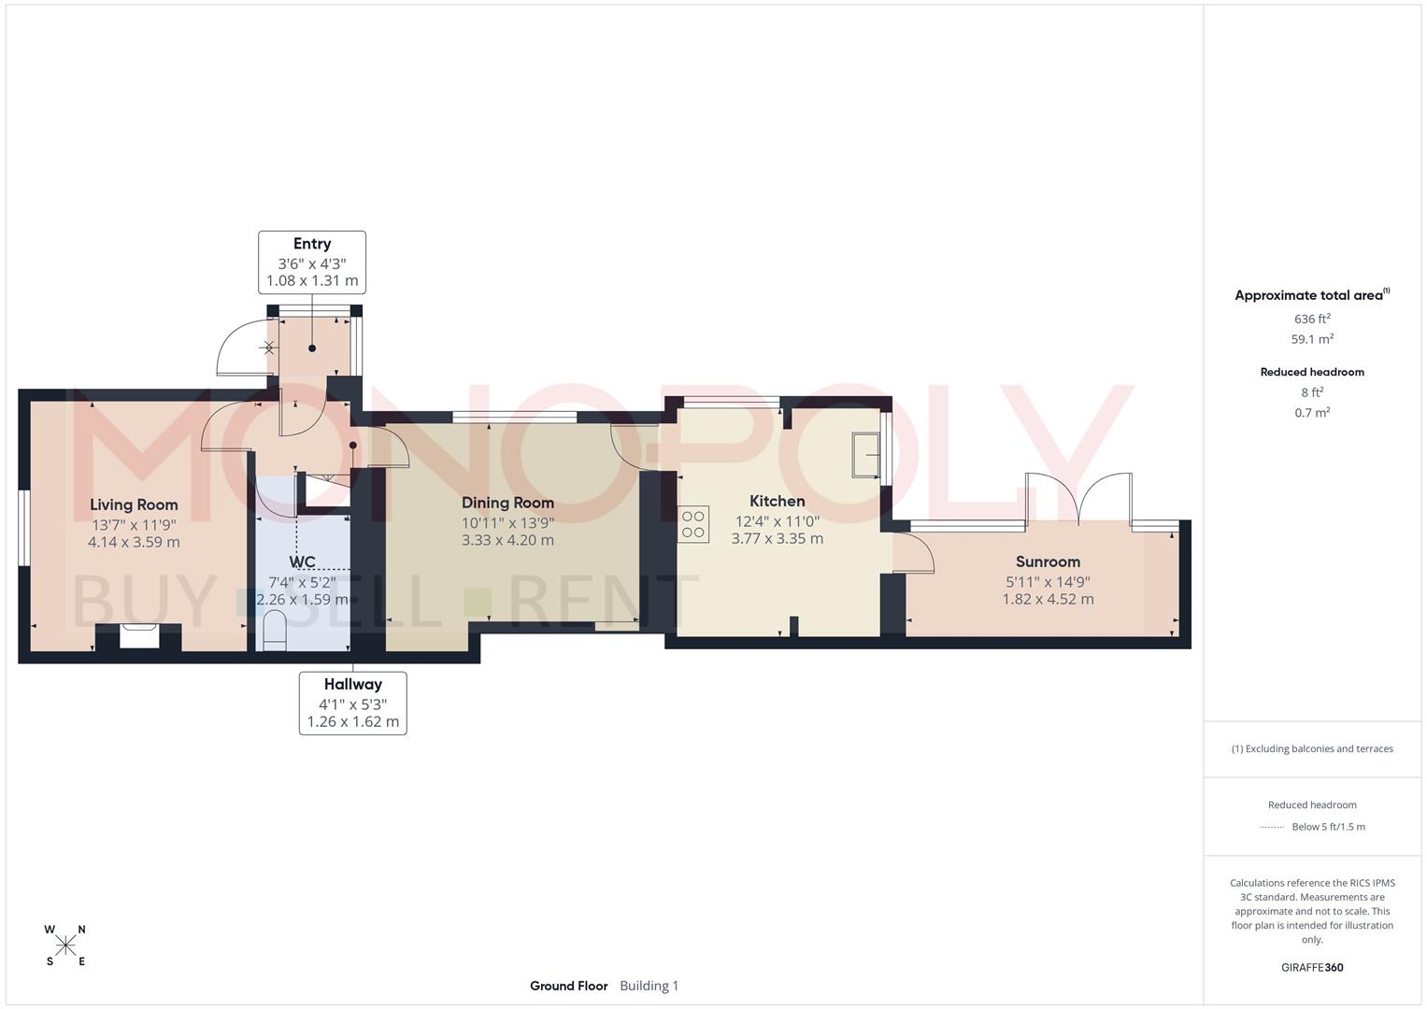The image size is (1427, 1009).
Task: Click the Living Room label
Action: pos(134,504)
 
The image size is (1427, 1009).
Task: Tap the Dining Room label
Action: pos(507,503)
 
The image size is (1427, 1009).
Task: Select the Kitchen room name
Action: pos(777,501)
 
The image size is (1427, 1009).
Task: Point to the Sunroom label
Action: pos(1048,561)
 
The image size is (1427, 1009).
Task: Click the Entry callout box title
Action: pos(312,244)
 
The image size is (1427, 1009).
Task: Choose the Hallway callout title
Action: pos(353,684)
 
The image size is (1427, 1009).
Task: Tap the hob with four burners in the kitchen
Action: pos(693,523)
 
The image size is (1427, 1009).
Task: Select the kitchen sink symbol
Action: pos(866,455)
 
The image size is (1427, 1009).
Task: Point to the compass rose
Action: pos(65,945)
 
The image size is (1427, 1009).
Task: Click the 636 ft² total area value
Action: pos(1312,319)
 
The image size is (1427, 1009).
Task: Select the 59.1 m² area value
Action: pos(1312,339)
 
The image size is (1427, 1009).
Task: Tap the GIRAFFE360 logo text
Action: pos(1312,967)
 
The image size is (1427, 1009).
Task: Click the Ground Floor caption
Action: pos(568,986)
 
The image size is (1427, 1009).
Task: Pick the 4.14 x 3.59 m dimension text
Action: pos(134,542)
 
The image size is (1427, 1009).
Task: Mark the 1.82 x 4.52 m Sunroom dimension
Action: pos(1048,599)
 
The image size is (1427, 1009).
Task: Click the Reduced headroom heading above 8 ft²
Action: pos(1312,372)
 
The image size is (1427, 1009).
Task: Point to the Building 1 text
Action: pos(649,986)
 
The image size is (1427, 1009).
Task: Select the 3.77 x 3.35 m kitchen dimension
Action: pos(777,538)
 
